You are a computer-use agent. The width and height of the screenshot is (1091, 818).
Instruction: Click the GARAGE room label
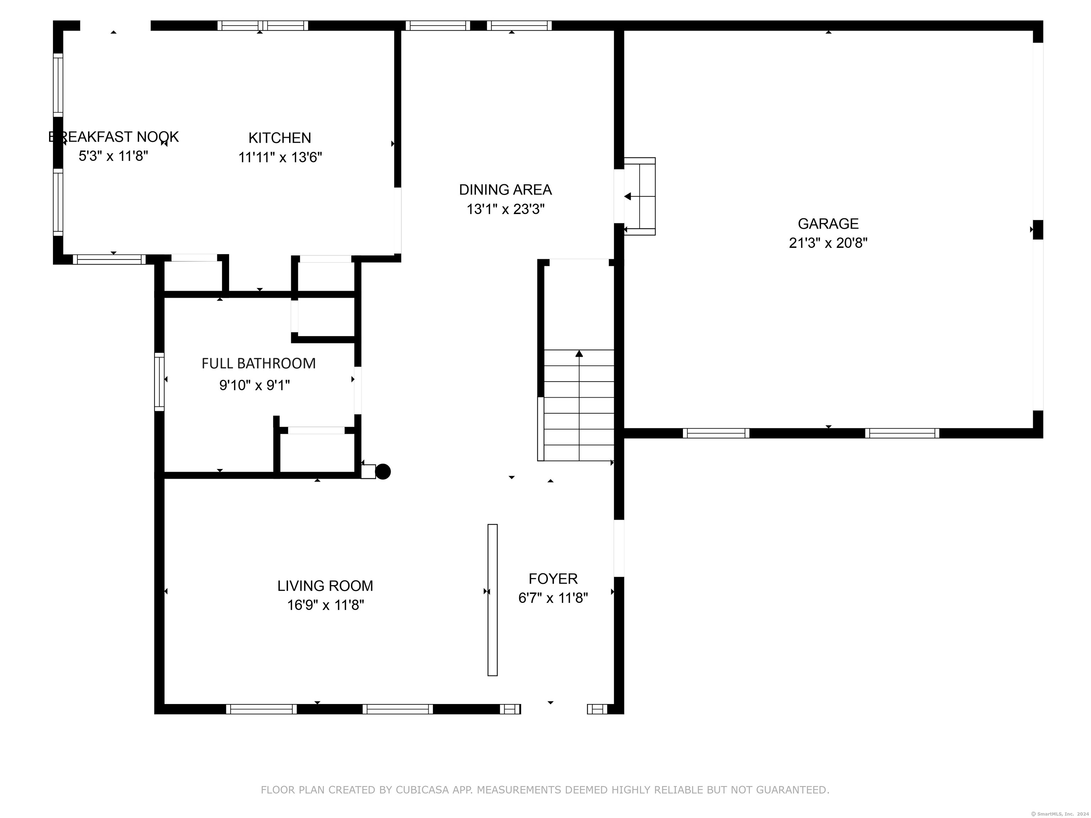[828, 224]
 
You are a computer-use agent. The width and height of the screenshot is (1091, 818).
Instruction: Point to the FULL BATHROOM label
[259, 364]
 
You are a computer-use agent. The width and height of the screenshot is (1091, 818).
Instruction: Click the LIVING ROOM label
[325, 586]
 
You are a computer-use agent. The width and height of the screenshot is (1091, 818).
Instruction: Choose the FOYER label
[553, 578]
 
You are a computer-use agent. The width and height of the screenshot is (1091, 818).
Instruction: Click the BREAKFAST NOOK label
[113, 137]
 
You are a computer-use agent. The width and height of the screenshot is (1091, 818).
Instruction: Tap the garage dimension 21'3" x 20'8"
[828, 243]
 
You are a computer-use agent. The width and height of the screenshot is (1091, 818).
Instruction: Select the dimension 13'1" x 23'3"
[506, 209]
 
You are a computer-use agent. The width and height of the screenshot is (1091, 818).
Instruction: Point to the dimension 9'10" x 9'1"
[255, 385]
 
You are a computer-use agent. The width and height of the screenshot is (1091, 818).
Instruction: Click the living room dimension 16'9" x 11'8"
[326, 605]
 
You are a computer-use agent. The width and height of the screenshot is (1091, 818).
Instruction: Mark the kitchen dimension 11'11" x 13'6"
[280, 157]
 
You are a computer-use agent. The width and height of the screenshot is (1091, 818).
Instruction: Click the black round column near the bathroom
[383, 472]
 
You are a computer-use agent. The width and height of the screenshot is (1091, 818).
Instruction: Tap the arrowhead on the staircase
[579, 354]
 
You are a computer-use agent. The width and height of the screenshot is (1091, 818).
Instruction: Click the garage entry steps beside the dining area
[640, 196]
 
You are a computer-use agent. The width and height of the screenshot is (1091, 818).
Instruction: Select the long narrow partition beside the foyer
[493, 600]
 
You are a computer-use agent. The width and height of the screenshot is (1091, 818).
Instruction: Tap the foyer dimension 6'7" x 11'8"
[553, 598]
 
